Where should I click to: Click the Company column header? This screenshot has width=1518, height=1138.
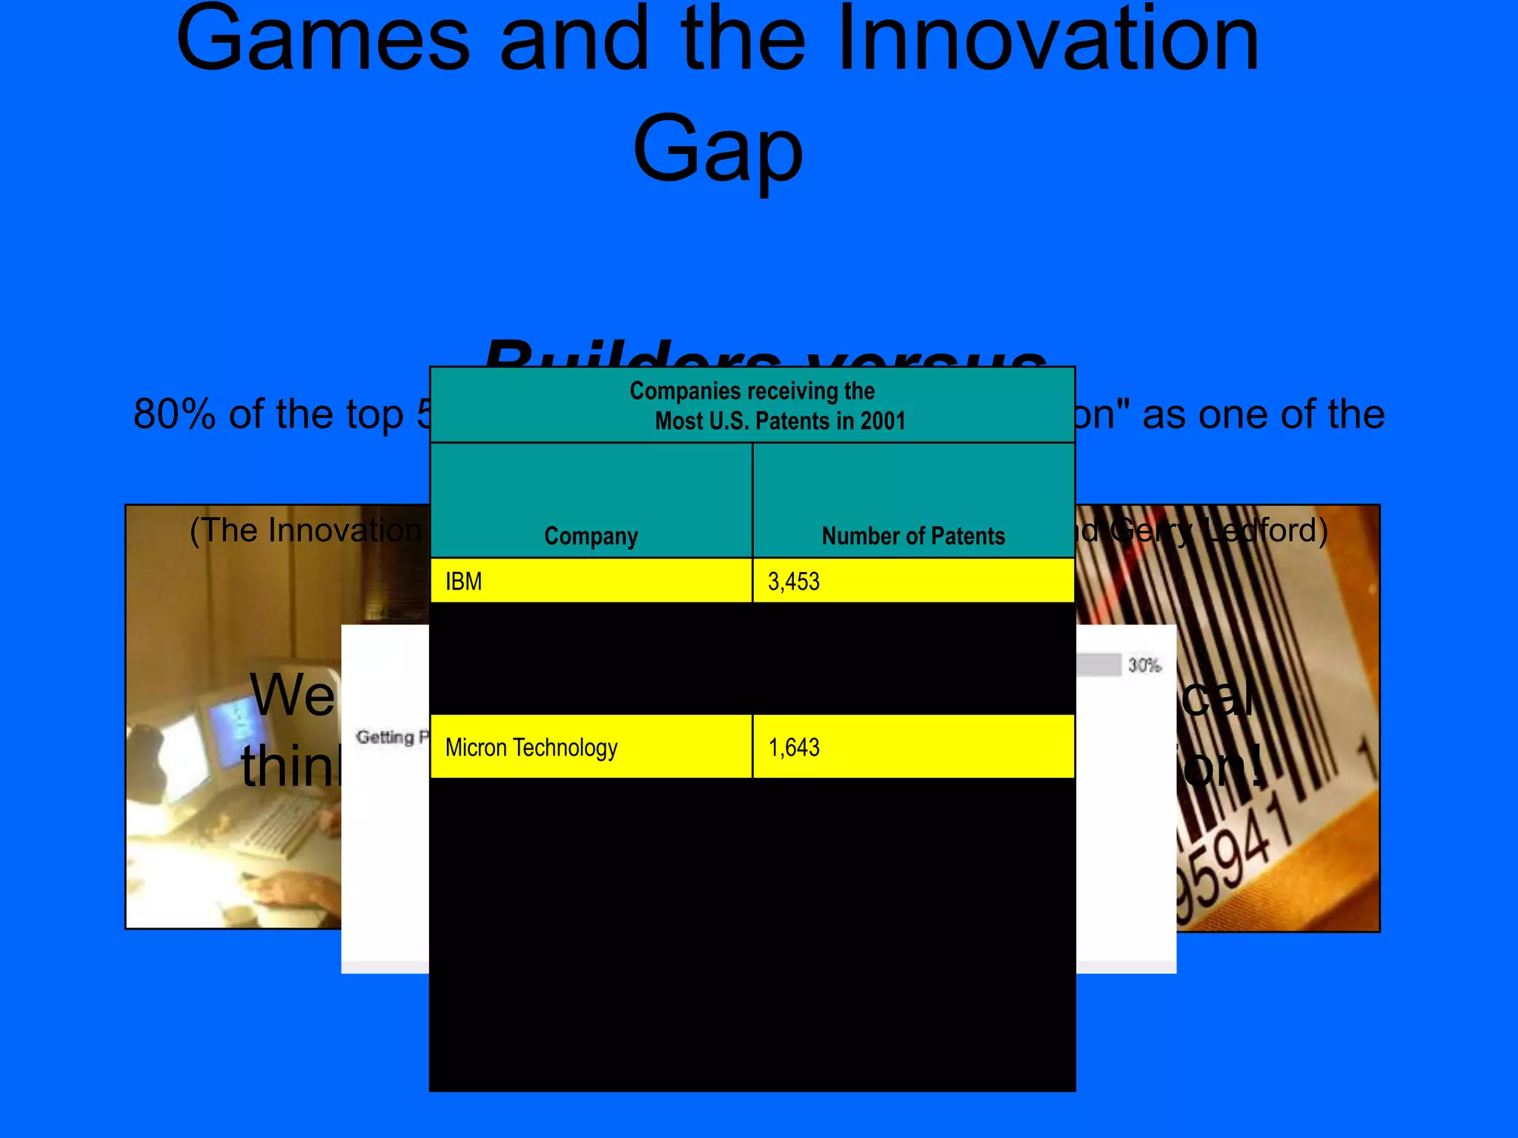(591, 536)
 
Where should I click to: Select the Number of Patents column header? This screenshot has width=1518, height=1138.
(913, 536)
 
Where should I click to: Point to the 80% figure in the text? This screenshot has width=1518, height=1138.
(174, 414)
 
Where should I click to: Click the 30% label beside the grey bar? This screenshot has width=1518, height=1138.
(1144, 665)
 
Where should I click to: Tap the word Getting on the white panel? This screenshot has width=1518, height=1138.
(385, 737)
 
